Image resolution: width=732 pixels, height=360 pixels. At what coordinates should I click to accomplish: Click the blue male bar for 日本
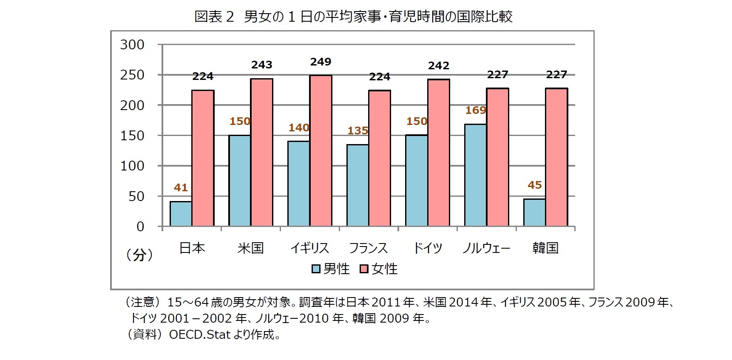point(181,214)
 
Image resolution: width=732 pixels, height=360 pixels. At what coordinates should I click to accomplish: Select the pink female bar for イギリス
point(321,151)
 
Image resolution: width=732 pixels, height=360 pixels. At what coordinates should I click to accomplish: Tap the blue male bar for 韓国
point(534,213)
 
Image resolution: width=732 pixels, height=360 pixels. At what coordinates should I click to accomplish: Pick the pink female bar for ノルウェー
point(497,157)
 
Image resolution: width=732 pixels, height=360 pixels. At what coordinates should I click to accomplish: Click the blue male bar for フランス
point(357,185)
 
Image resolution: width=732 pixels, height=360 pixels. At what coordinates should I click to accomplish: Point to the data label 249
point(321,62)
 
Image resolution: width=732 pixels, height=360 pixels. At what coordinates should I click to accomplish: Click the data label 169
point(475,111)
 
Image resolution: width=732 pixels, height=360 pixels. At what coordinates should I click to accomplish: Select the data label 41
point(181,187)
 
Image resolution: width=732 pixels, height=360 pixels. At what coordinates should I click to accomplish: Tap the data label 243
point(261,65)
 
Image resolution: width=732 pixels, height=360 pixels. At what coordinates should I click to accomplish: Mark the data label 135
point(357,131)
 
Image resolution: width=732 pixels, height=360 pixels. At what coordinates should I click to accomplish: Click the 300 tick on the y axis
point(132,45)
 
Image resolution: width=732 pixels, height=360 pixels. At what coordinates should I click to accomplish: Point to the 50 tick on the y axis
point(136,196)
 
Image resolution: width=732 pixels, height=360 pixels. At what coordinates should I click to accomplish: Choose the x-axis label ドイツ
point(428,248)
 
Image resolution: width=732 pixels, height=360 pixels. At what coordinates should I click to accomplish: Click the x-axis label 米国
point(251,248)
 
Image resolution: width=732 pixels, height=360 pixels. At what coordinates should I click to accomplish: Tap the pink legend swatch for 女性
point(364,269)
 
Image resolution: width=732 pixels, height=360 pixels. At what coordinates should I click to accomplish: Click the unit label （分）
point(139,255)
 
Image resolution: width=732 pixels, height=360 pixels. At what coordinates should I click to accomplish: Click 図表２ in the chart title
point(214,17)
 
